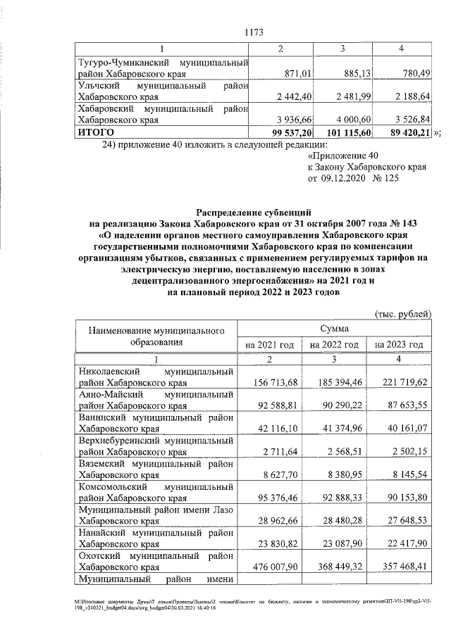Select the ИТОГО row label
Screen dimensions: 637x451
(x=98, y=132)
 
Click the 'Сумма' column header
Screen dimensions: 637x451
(x=334, y=328)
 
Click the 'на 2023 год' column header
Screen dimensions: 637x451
(x=399, y=345)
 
